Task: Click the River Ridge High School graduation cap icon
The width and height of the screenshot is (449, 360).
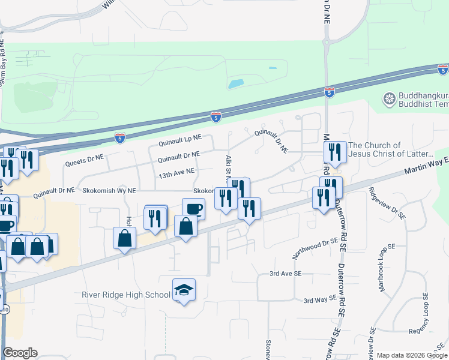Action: (x=184, y=291)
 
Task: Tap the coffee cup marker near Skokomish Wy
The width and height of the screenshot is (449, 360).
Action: (x=193, y=209)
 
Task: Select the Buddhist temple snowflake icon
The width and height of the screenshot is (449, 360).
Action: (x=390, y=98)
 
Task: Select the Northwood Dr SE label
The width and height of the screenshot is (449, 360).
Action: (x=312, y=247)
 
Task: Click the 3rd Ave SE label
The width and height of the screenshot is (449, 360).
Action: (x=285, y=274)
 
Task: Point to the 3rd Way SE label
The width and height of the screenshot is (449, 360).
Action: (x=318, y=300)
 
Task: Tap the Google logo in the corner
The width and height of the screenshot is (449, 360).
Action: (x=20, y=353)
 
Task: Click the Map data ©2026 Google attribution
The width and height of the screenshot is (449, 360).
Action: (x=412, y=355)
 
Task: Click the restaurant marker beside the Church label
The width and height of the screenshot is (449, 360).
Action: (x=335, y=153)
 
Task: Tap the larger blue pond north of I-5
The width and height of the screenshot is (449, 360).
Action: (x=236, y=83)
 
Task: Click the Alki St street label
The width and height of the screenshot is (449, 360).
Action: (x=229, y=164)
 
